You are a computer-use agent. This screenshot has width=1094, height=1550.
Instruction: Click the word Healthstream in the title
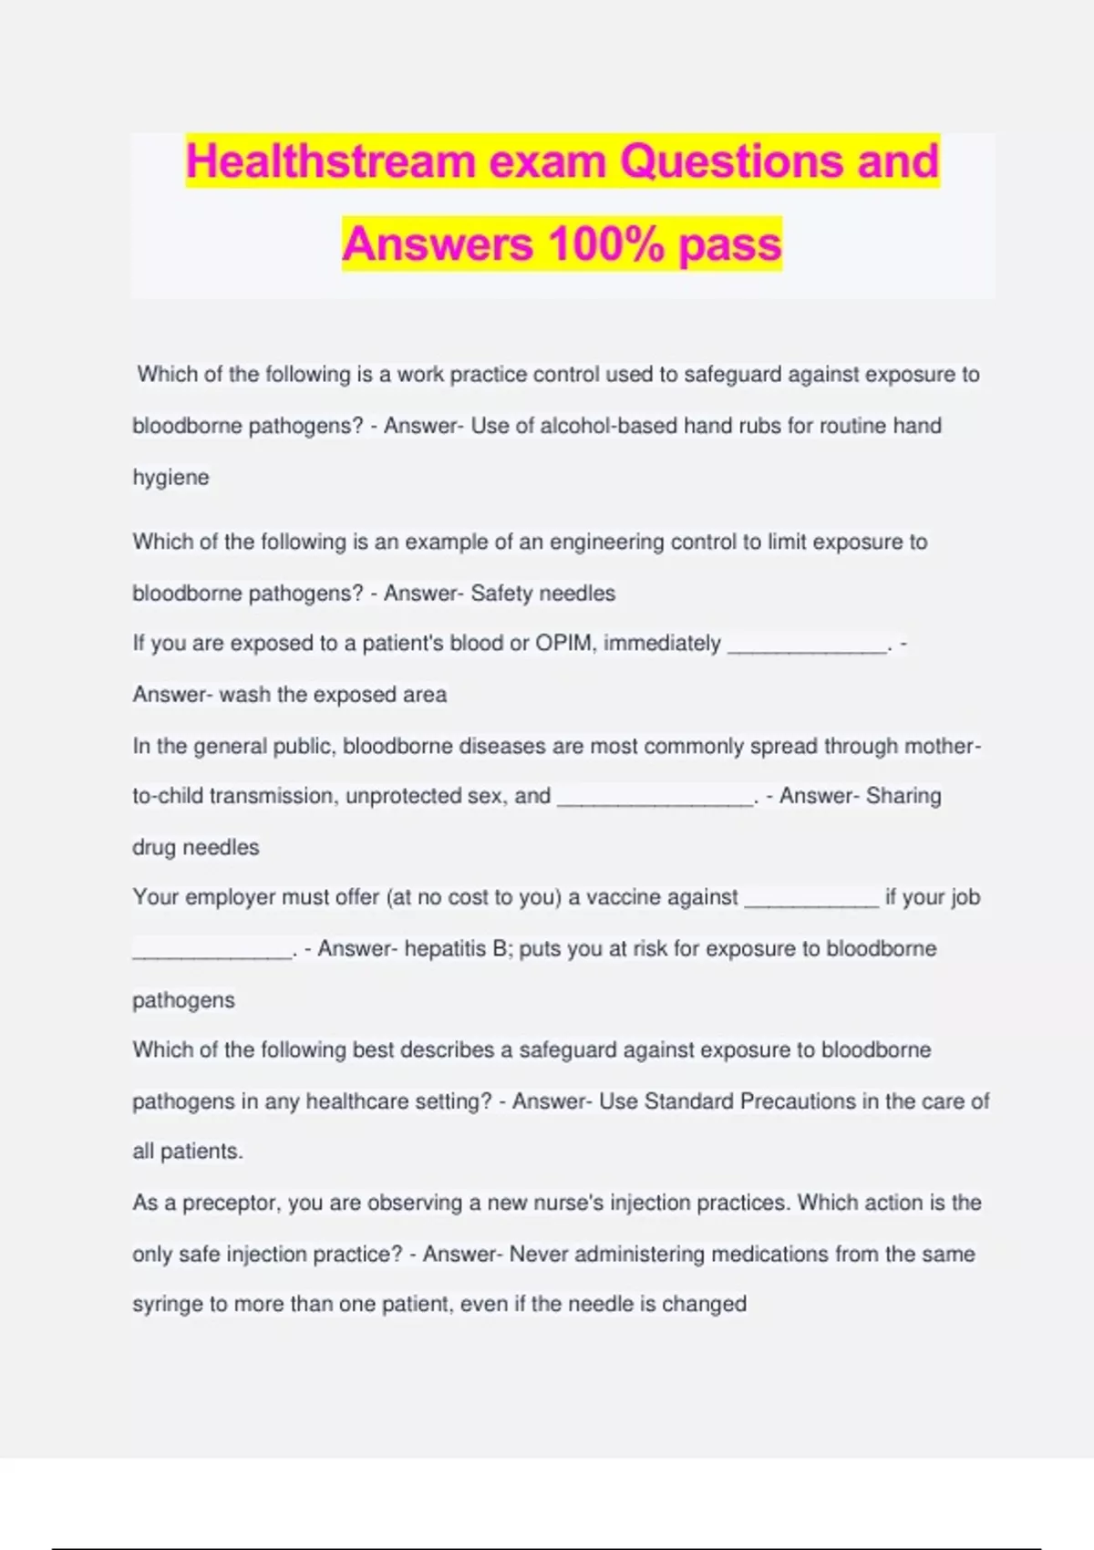[x=332, y=161]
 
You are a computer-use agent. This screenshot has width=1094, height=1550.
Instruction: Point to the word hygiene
[x=170, y=478]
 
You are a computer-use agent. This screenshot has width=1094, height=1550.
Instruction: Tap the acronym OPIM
[x=565, y=644]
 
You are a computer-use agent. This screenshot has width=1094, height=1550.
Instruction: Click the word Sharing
[x=903, y=796]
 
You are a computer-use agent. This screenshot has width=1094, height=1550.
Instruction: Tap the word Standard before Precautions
[x=688, y=1101]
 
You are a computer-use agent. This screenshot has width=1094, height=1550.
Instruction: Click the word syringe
[x=167, y=1305]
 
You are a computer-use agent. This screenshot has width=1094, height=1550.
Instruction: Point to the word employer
[x=230, y=898]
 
